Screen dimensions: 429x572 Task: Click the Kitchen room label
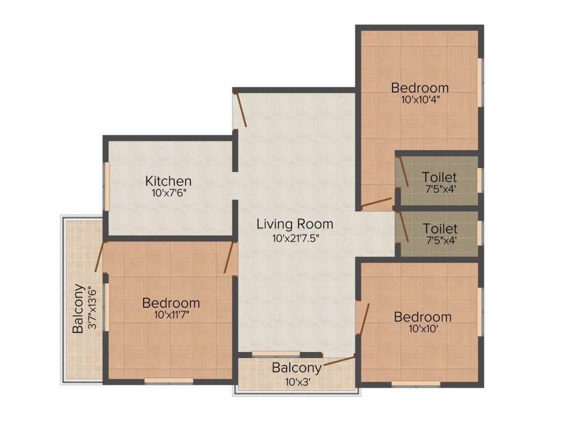click(169, 181)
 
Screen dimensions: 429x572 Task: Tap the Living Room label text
click(295, 224)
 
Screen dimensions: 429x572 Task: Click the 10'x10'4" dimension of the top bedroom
click(420, 101)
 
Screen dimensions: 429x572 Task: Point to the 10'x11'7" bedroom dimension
click(171, 316)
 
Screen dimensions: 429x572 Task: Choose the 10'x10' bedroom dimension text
click(423, 329)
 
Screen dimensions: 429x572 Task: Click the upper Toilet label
click(439, 177)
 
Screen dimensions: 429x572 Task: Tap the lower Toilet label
click(440, 228)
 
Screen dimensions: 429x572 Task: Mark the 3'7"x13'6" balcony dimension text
click(92, 309)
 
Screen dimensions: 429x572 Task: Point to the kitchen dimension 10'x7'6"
click(169, 193)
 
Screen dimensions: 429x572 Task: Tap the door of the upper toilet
click(403, 171)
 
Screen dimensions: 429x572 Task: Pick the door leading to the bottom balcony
click(338, 361)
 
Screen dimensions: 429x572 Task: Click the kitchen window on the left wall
click(106, 187)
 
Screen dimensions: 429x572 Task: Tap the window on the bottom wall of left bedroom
click(169, 381)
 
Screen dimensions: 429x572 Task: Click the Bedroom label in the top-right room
click(420, 88)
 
